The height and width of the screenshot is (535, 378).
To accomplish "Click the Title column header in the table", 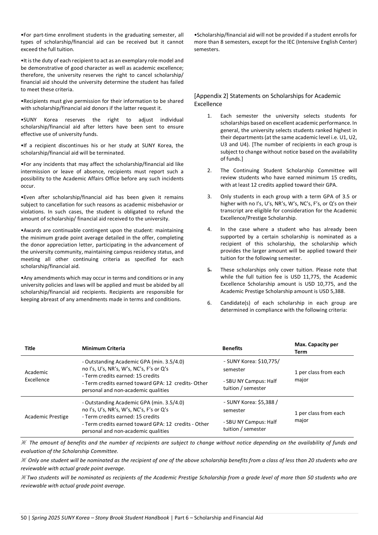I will click(x=30, y=348).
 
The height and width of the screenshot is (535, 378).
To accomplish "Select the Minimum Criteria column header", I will click(x=103, y=348).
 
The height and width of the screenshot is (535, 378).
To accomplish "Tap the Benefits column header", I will click(x=232, y=348).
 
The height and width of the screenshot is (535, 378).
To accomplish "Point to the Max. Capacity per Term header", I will click(x=316, y=348).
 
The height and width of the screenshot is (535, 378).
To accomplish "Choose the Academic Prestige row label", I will click(x=46, y=417).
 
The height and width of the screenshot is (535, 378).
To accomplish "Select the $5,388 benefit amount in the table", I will click(x=266, y=403).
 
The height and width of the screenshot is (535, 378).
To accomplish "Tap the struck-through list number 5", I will click(x=209, y=270).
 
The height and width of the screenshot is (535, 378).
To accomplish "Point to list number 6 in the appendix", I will click(x=209, y=303).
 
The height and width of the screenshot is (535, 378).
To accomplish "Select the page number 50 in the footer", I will click(x=24, y=518).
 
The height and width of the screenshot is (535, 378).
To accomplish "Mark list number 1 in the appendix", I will click(x=209, y=116).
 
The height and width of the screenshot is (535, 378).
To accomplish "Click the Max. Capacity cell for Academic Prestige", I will click(x=320, y=417).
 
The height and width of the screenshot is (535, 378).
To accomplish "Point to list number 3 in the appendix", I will click(x=209, y=197).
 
